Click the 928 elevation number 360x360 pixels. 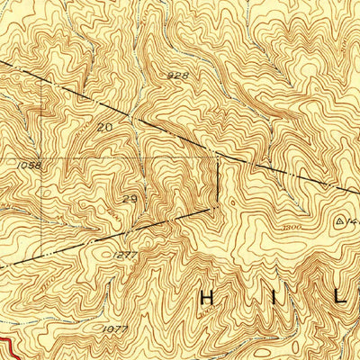point(177,77)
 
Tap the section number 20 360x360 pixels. point(106,128)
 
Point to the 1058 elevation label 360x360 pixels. point(28,165)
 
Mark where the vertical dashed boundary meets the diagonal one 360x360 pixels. point(219,205)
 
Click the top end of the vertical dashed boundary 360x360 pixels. point(219,155)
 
